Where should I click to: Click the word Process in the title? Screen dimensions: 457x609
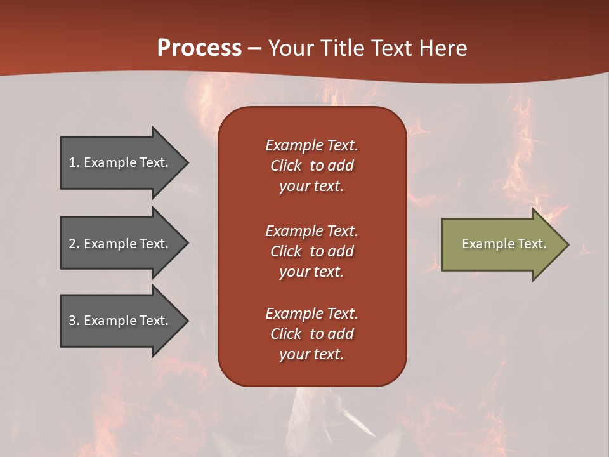199,48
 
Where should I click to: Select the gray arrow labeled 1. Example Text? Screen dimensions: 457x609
119,162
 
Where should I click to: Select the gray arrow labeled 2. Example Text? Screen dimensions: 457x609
119,244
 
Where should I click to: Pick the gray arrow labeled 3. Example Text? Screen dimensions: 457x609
119,321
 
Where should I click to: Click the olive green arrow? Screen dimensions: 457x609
501,244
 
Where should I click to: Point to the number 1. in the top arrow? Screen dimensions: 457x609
74,162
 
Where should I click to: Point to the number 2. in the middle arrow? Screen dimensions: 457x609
74,244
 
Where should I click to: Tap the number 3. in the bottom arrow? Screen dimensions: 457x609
74,321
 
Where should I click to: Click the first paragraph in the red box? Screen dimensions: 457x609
311,166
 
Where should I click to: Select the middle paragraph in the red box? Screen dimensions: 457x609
311,251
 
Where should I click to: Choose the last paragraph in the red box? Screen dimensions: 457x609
311,334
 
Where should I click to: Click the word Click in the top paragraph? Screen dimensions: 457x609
286,166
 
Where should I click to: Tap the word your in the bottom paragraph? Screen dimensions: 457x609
292,354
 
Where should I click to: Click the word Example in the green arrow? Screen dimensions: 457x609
484,244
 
